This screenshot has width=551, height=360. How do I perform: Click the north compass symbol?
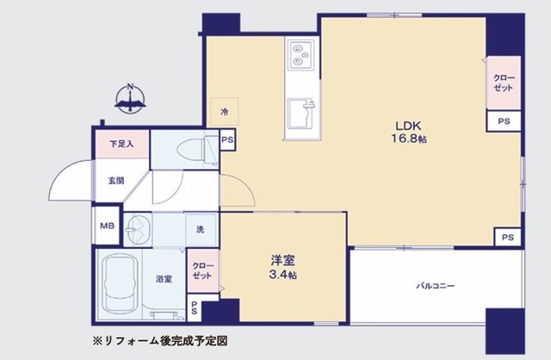[x=130, y=98]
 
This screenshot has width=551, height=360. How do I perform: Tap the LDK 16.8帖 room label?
[x=409, y=132]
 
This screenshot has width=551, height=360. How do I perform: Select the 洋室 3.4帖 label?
[x=282, y=267]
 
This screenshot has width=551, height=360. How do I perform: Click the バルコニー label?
[x=436, y=285]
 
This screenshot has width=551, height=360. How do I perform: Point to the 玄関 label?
[x=116, y=181]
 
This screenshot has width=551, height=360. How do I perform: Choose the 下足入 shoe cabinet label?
[x=121, y=144]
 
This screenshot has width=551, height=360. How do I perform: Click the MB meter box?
[x=107, y=226]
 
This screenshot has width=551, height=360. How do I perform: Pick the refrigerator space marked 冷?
[x=224, y=112]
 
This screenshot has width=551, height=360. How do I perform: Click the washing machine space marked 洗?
[x=201, y=230]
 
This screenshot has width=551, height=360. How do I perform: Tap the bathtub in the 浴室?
[x=119, y=284]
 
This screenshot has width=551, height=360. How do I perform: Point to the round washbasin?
[x=138, y=230]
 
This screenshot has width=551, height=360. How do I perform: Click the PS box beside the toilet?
[x=227, y=140]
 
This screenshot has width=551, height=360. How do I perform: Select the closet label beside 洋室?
[x=202, y=270]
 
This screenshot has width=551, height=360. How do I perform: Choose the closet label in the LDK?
[x=504, y=83]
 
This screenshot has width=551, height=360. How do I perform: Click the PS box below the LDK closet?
[x=504, y=121]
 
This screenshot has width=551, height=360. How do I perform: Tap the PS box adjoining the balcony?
[x=507, y=238]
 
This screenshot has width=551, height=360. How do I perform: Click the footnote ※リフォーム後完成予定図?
[x=160, y=341]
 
